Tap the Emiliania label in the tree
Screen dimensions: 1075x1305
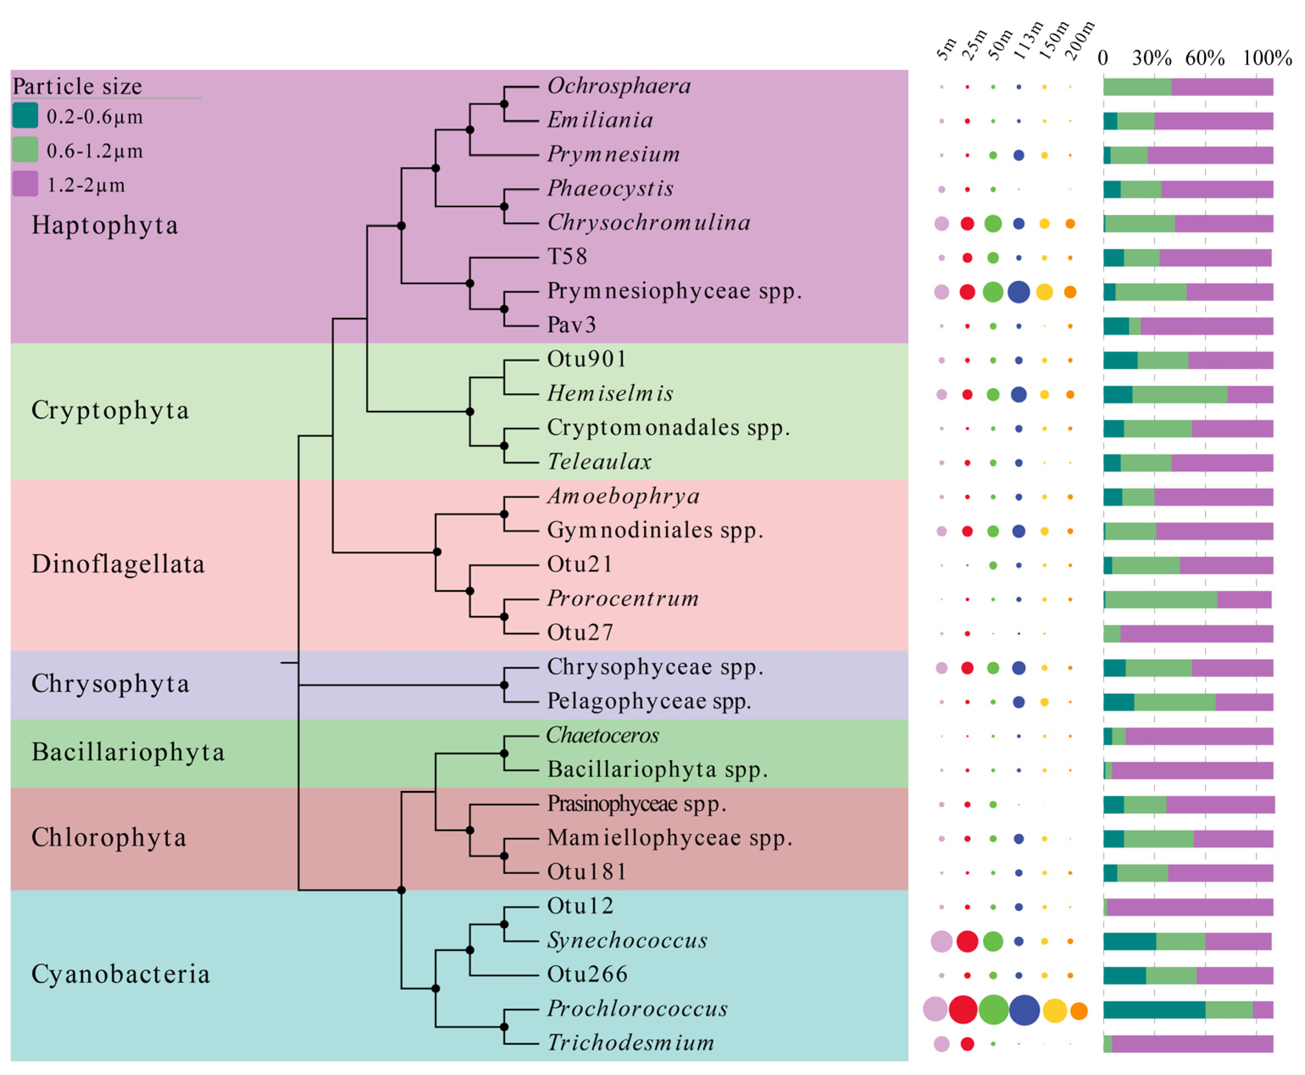pyautogui.click(x=600, y=120)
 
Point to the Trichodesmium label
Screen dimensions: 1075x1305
pyautogui.click(x=630, y=1043)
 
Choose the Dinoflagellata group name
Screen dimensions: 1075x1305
pyautogui.click(x=118, y=564)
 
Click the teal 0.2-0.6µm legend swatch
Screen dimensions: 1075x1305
pyautogui.click(x=25, y=116)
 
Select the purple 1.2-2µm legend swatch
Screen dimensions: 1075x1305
pyautogui.click(x=25, y=184)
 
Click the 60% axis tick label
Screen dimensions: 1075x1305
pyautogui.click(x=1204, y=58)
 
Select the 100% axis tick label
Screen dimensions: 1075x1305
pyautogui.click(x=1266, y=58)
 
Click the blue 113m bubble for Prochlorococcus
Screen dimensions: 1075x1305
pyautogui.click(x=1024, y=1010)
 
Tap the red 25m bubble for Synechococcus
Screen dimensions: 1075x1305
pyautogui.click(x=967, y=941)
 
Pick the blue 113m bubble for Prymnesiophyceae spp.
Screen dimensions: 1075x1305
pyautogui.click(x=1018, y=292)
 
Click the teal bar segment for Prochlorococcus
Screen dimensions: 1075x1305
pyautogui.click(x=1154, y=1010)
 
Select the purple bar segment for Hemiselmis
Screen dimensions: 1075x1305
pyautogui.click(x=1250, y=395)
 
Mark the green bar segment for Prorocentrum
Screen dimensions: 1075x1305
pyautogui.click(x=1161, y=599)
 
